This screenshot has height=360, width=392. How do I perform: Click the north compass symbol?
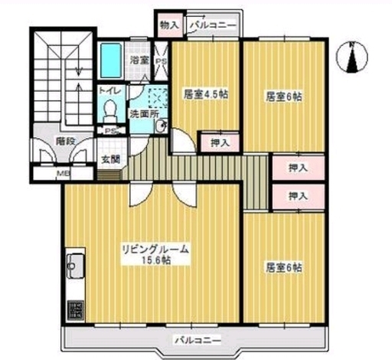point(352,57)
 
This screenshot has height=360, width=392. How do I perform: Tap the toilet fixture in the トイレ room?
point(110,111)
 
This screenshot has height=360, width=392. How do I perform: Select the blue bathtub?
point(110,61)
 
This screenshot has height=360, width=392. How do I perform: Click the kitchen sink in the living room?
point(75,266)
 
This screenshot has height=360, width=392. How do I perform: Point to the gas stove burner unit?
point(75,309)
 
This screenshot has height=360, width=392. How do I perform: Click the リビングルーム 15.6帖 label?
point(155,254)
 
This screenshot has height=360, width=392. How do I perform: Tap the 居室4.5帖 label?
point(206,94)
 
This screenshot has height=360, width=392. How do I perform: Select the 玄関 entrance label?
point(111,159)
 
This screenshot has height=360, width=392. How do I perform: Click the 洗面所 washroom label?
point(144,114)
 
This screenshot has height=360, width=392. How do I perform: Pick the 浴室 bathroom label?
point(139,61)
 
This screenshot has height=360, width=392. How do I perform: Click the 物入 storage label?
point(169,25)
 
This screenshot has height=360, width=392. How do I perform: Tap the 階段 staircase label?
point(66,141)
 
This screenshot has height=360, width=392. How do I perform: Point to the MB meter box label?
point(63,173)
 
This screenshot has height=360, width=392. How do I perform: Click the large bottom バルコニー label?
point(198,340)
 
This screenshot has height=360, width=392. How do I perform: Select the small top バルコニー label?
point(213,25)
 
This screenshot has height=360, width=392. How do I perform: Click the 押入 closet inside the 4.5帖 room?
point(220,143)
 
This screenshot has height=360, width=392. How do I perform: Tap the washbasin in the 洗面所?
point(162,126)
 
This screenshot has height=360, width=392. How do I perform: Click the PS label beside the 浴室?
point(162,61)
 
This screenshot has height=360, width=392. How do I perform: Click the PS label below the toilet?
point(110,131)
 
